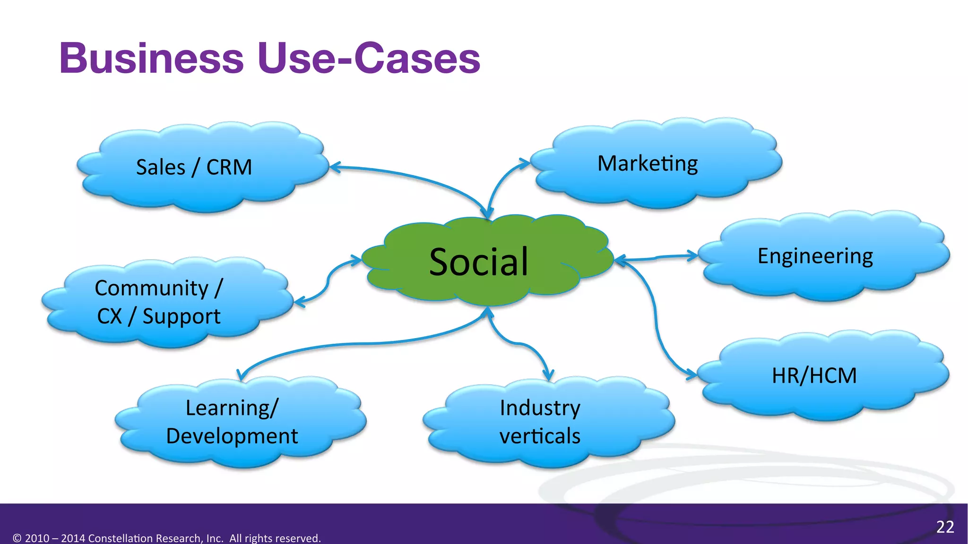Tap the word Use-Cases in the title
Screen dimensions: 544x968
coord(369,58)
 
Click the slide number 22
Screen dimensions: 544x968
coord(945,527)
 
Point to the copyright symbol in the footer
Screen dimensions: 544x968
coord(17,538)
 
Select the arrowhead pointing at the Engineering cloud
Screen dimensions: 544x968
coord(694,256)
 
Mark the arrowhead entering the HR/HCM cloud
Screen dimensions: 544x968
coord(693,375)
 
